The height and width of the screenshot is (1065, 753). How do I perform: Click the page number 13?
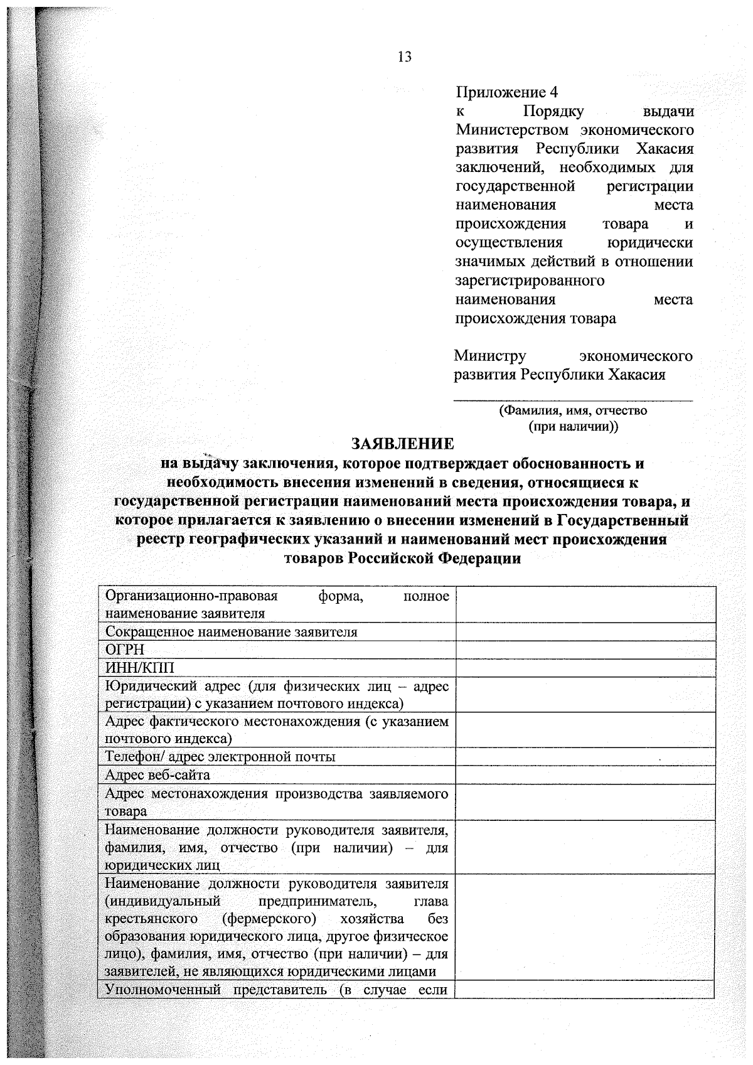[405, 57]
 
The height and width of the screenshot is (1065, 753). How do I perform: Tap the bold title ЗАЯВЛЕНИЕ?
[402, 444]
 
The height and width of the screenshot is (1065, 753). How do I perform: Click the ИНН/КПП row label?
[139, 667]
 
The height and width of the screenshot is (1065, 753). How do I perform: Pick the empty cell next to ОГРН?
[585, 650]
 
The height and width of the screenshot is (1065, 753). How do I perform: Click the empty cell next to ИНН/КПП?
[585, 667]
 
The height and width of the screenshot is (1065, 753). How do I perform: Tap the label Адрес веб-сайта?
[158, 774]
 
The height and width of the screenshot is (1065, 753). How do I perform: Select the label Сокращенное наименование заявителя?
[231, 631]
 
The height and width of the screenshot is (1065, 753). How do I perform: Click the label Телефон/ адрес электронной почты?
[220, 756]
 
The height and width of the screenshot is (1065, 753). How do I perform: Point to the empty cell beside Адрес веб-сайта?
[585, 774]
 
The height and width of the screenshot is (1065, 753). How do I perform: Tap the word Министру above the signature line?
[490, 356]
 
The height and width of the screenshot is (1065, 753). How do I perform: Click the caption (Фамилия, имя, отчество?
[572, 411]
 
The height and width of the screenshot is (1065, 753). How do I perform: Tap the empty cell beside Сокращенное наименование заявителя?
[585, 631]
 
